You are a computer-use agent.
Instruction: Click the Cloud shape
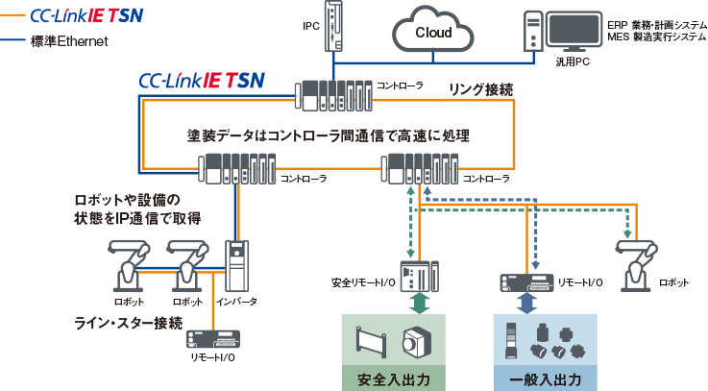click(434, 32)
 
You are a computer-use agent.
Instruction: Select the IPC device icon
click(333, 26)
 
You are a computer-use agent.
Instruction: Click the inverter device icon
click(236, 264)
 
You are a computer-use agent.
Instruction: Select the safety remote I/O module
click(416, 276)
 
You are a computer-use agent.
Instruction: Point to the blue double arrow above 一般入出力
click(526, 304)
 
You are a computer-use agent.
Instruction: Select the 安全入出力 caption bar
click(394, 379)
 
